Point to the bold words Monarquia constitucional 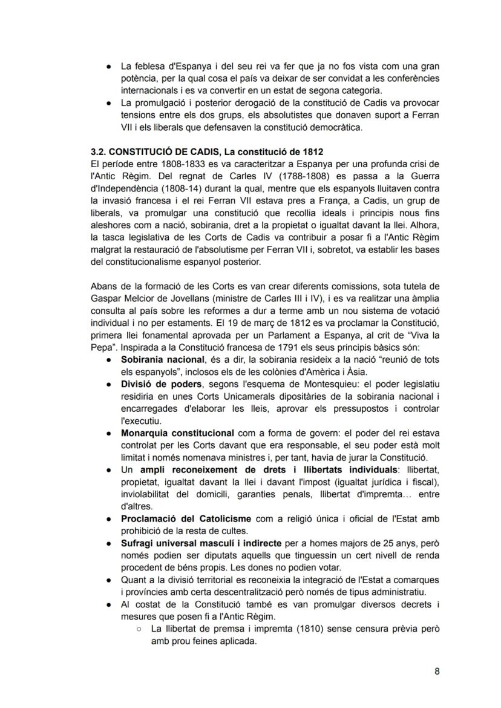point(177,433)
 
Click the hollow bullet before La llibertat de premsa point(139,629)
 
